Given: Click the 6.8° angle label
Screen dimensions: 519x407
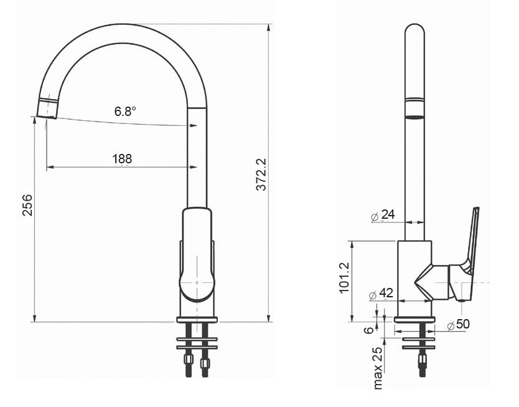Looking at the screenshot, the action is [x=125, y=111].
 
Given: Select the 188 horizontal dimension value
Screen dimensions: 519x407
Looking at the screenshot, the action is [x=122, y=159].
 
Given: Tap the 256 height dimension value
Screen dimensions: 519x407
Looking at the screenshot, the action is [x=28, y=205].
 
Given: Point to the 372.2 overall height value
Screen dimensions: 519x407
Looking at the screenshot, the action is [x=261, y=175].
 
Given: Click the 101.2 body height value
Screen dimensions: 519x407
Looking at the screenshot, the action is [x=344, y=278].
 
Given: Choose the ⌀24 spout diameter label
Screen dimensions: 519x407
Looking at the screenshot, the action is [x=383, y=215].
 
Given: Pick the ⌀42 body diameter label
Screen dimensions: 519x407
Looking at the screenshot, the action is [x=381, y=294].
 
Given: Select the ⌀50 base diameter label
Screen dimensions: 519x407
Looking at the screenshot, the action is [x=458, y=324].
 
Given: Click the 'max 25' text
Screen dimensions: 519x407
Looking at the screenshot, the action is [x=377, y=368].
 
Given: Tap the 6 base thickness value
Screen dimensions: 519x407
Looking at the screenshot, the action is [x=369, y=330].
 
